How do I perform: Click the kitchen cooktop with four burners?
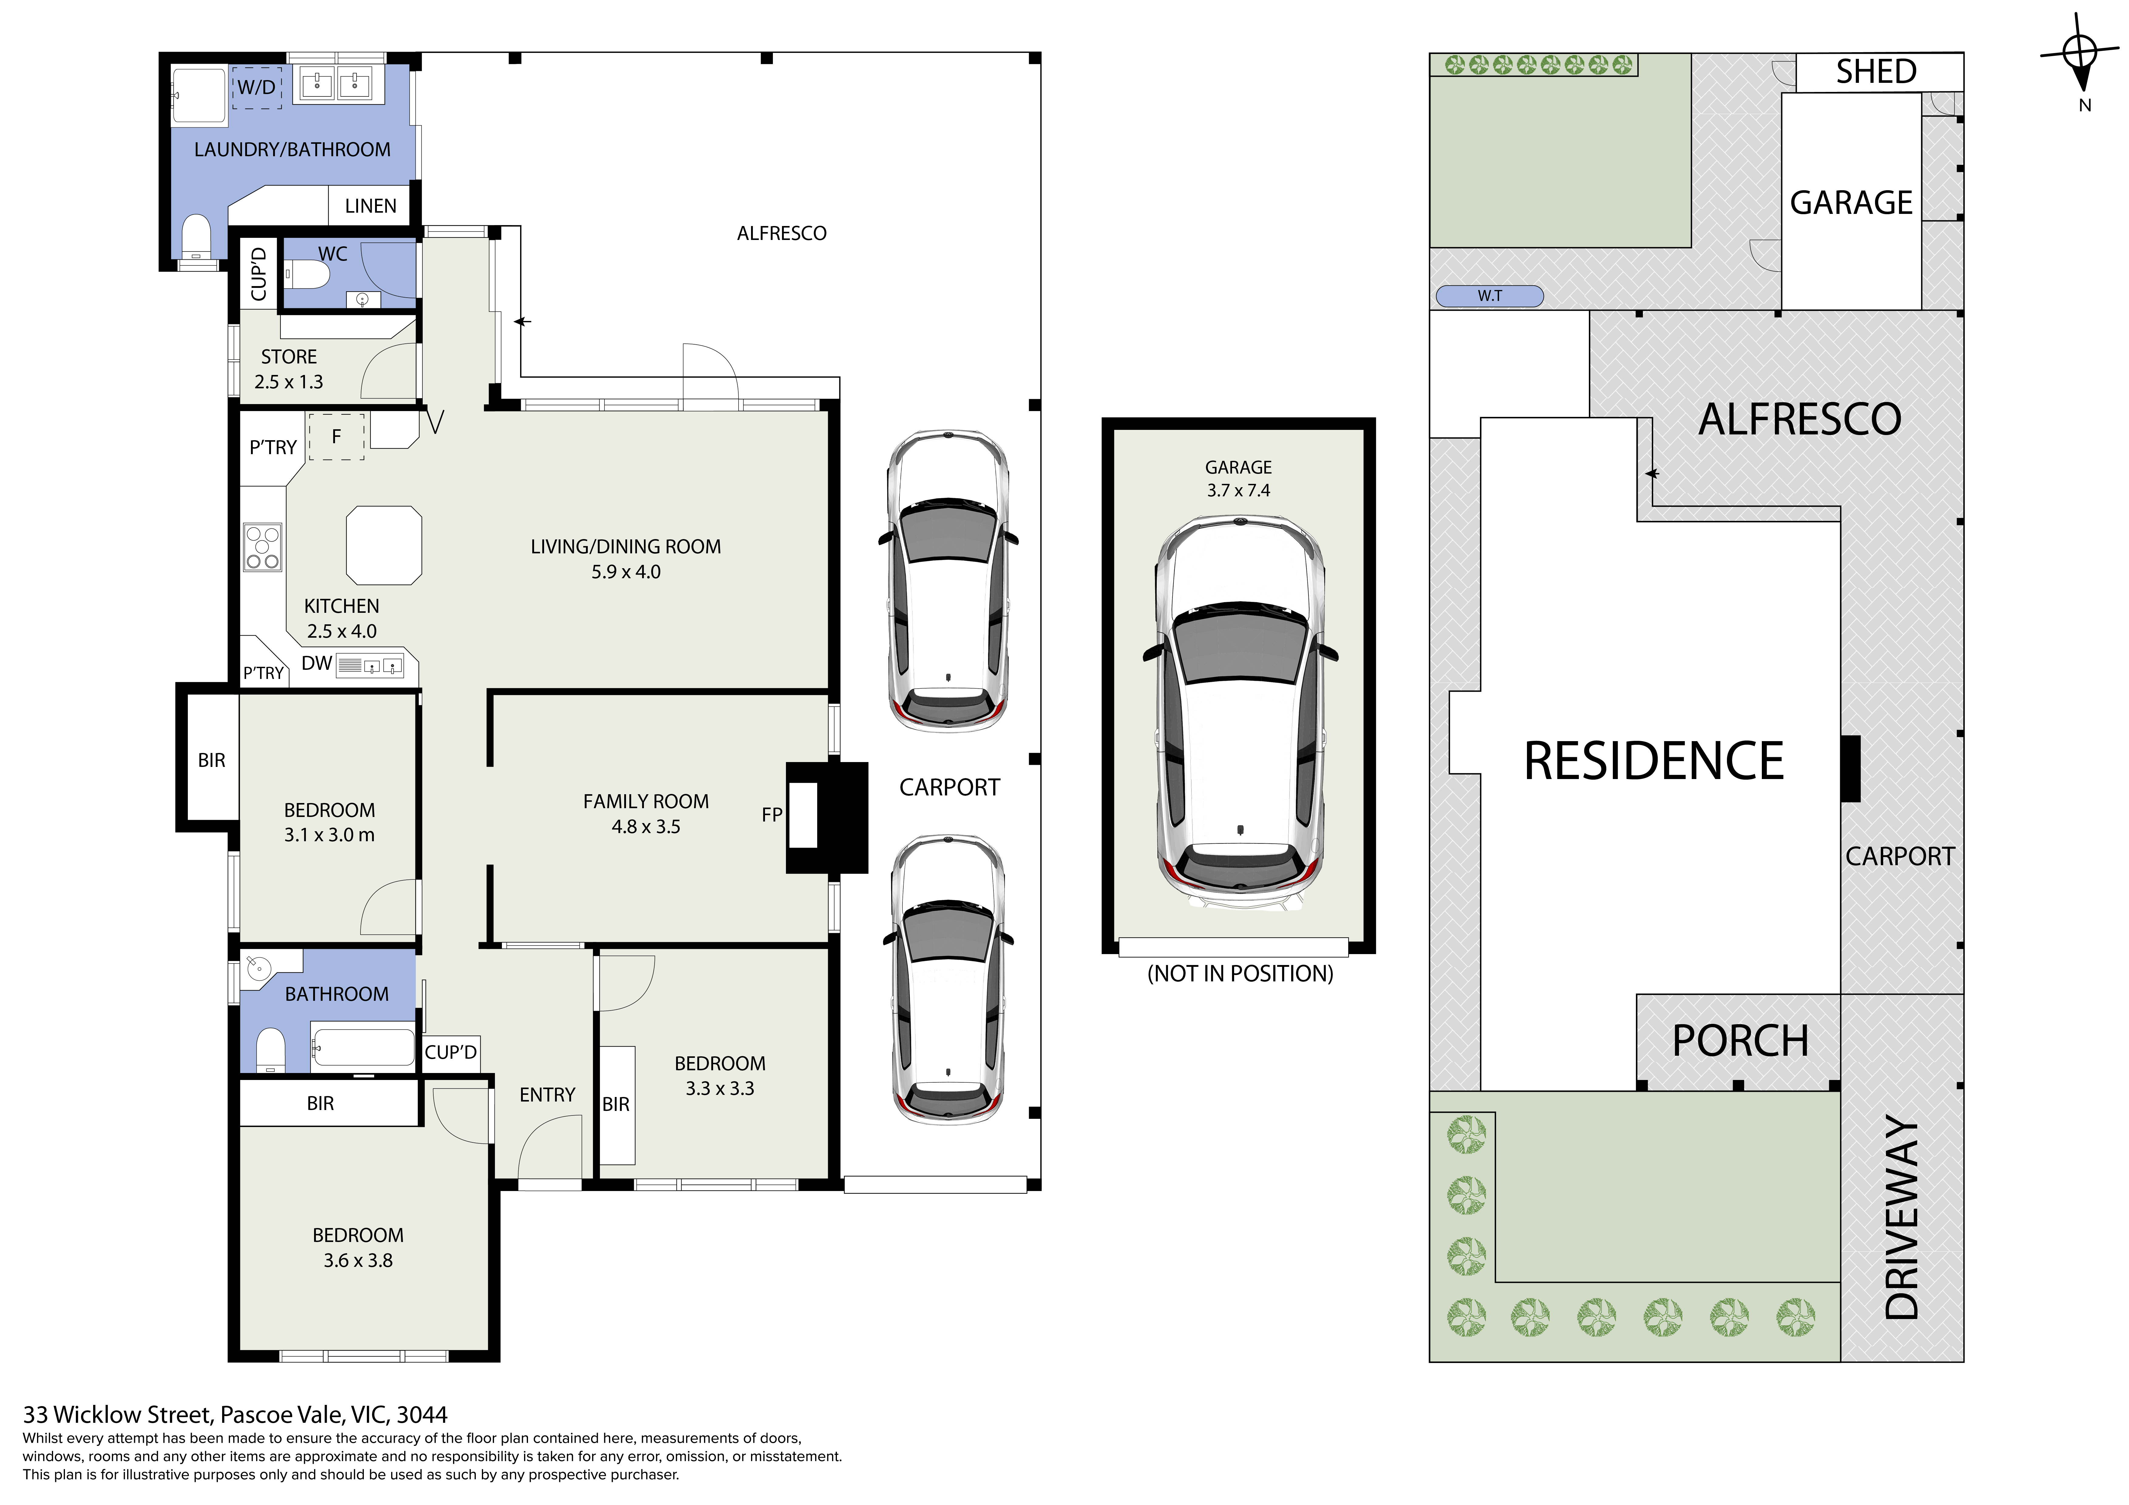[x=262, y=547]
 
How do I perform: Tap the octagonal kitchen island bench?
[x=384, y=545]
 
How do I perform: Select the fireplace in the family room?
[x=826, y=817]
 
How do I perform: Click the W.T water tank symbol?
[x=1489, y=296]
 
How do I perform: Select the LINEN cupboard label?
[x=370, y=206]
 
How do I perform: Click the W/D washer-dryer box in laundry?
[x=257, y=87]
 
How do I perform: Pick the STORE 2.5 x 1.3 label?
[x=288, y=369]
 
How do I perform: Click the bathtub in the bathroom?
[x=363, y=1047]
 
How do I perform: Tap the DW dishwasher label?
[x=316, y=663]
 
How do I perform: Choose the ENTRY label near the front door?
[x=547, y=1095]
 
